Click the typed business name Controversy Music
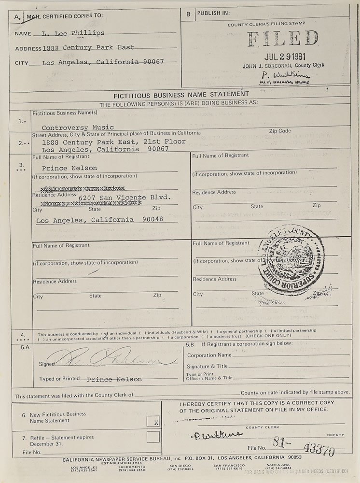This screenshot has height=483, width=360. tap(73, 128)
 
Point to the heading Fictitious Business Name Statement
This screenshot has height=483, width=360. tap(181, 94)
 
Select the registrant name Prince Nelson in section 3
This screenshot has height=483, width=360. tap(69, 168)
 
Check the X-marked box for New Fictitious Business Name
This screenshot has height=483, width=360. tap(153, 421)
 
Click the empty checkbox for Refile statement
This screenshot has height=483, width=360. tap(153, 437)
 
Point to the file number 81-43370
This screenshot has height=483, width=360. tap(306, 448)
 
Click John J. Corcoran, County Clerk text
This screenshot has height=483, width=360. tap(284, 65)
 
